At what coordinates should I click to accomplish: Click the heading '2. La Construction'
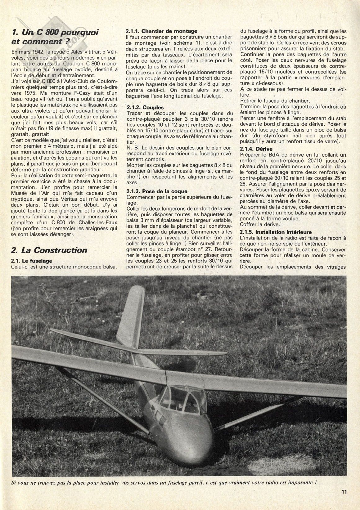click(49, 250)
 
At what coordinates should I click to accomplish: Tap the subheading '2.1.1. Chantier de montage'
click(161, 31)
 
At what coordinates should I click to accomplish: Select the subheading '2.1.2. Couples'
click(145, 108)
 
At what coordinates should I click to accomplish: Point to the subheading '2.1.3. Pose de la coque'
click(157, 191)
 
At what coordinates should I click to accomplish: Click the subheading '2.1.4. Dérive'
click(256, 149)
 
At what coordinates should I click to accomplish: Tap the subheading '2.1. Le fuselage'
click(31, 261)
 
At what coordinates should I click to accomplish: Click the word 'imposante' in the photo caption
click(299, 483)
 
